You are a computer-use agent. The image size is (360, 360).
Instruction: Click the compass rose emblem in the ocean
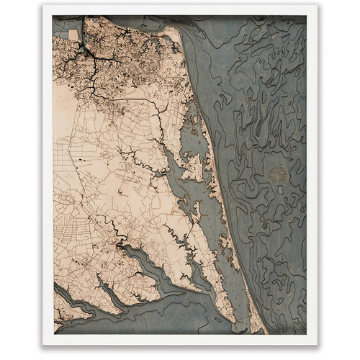[278, 174]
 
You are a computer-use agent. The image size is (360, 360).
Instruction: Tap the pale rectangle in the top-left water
[73, 34]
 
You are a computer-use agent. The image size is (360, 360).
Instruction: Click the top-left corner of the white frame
[43, 6]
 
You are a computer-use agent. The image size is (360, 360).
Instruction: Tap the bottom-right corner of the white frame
[318, 344]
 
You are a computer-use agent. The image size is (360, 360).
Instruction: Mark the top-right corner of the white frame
[318, 6]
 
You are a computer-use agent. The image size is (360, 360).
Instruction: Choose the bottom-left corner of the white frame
[43, 344]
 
